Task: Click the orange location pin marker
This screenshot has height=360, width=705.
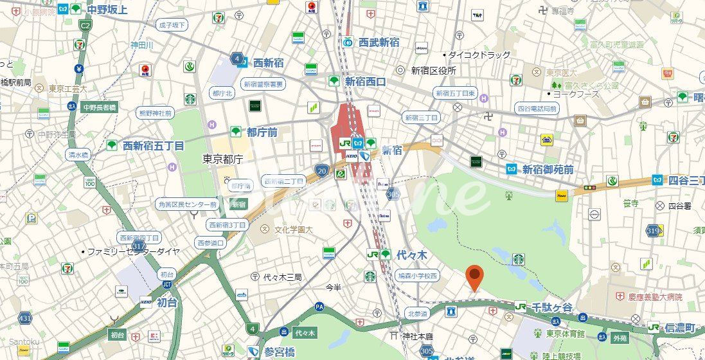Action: (474, 277)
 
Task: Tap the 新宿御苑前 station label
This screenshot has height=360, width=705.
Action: (548, 169)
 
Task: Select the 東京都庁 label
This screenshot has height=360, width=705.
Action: (222, 159)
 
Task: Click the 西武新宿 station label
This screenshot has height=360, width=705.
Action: (379, 42)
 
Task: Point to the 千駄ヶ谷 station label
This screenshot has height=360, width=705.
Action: (551, 307)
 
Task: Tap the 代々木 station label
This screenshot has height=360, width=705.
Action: (412, 255)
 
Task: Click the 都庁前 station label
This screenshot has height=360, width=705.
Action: (262, 132)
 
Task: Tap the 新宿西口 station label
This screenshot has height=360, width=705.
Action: (365, 81)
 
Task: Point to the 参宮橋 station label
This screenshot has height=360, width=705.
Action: (279, 352)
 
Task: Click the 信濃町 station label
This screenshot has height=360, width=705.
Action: (681, 327)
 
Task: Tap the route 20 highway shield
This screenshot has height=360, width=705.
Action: (322, 170)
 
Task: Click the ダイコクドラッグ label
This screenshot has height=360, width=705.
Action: (479, 55)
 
